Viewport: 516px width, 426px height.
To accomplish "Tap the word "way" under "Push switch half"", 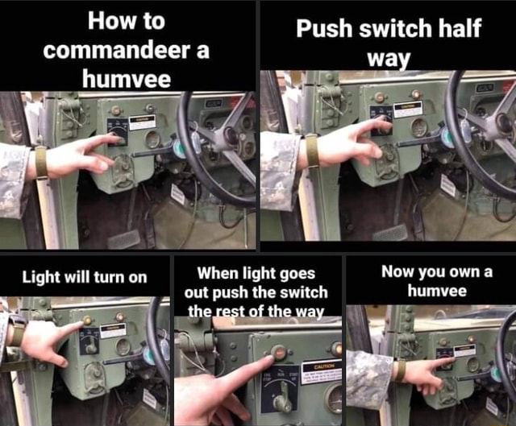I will (388, 59).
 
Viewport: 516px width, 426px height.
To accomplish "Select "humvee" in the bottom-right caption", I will (430, 290).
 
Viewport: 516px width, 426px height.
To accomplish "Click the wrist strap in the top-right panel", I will (311, 151).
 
